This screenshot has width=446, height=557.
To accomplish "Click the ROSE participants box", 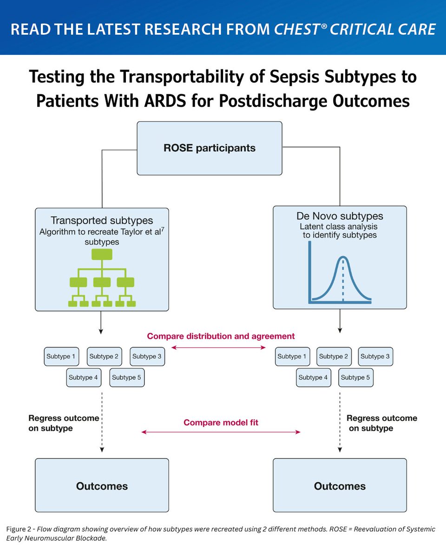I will [x=209, y=149].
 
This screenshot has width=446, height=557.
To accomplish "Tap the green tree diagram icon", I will [x=102, y=278].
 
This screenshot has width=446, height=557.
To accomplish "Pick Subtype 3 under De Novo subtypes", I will [x=375, y=356].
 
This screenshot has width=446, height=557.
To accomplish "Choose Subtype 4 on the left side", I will [x=84, y=377].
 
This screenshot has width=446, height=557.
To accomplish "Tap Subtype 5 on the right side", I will [x=355, y=377].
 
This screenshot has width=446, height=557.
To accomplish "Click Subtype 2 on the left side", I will [x=104, y=356].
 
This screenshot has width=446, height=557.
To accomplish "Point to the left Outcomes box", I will [x=102, y=486].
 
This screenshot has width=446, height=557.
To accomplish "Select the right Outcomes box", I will [x=340, y=486].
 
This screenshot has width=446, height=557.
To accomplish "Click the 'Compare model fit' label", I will [x=221, y=422].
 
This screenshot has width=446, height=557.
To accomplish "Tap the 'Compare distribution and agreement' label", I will [x=221, y=336].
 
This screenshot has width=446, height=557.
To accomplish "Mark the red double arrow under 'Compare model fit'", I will [x=221, y=432].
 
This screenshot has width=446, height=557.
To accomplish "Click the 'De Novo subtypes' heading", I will [x=340, y=216].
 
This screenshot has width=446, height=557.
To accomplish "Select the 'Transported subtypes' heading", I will [x=102, y=220].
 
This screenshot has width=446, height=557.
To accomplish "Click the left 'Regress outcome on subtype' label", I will [x=63, y=423].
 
